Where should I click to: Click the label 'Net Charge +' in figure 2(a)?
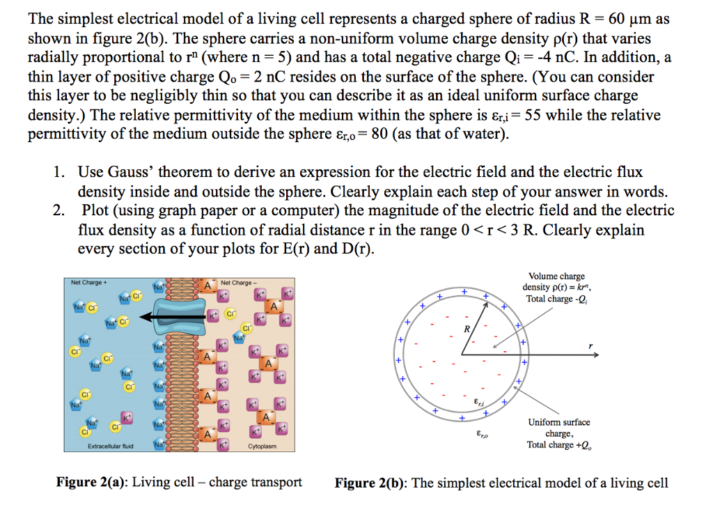coord(87,283)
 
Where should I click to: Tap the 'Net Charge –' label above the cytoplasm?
coord(236,283)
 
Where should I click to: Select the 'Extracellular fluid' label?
coord(111,446)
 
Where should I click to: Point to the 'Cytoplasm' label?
coord(263,446)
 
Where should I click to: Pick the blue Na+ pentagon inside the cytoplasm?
coord(238,339)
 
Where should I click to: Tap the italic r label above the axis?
coord(590,343)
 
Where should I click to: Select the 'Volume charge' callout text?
coord(556,277)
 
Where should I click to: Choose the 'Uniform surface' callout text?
coord(558,422)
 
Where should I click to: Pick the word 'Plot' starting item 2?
coord(96,210)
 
